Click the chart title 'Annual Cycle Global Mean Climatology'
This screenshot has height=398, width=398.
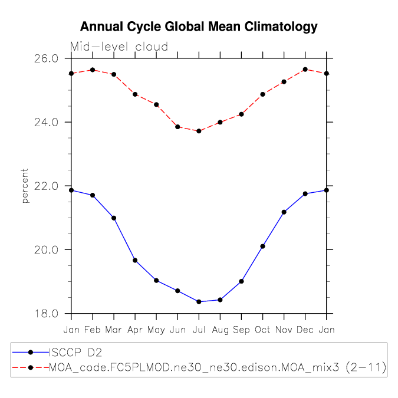pyautogui.click(x=199, y=27)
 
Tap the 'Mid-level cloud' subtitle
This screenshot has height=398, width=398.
pyautogui.click(x=119, y=47)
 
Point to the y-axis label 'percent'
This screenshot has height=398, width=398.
pyautogui.click(x=25, y=186)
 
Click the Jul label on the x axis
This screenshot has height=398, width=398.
pyautogui.click(x=199, y=329)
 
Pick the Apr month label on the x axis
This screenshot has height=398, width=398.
pyautogui.click(x=135, y=329)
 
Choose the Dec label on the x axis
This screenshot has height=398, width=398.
pyautogui.click(x=305, y=329)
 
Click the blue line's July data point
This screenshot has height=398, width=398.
pyautogui.click(x=199, y=302)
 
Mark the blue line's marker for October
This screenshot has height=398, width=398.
pyautogui.click(x=262, y=246)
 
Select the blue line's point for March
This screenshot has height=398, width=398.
pyautogui.click(x=114, y=218)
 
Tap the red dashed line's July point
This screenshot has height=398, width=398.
pyautogui.click(x=199, y=131)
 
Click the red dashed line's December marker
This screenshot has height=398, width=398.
pyautogui.click(x=305, y=70)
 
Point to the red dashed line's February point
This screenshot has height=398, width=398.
pyautogui.click(x=93, y=70)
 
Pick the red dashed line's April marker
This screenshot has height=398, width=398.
pyautogui.click(x=135, y=94)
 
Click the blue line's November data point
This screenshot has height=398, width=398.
pyautogui.click(x=284, y=212)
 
